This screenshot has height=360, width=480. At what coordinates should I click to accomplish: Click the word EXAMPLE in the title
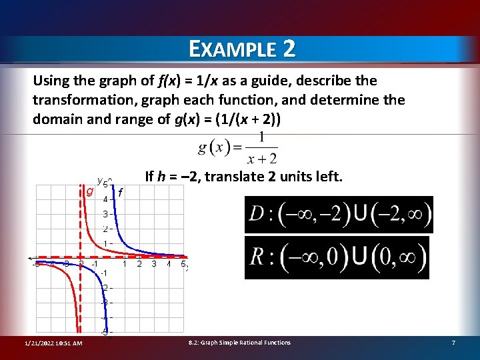[231, 49]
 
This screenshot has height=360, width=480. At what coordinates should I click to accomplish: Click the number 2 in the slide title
[289, 49]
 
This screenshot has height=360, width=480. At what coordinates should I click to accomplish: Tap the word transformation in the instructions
[74, 100]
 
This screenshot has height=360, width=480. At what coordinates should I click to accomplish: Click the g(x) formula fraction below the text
[238, 148]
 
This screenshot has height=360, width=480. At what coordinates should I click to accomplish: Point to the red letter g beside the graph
[89, 191]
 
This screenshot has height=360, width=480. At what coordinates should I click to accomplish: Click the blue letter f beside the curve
[120, 193]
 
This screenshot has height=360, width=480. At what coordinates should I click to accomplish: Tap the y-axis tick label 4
[105, 199]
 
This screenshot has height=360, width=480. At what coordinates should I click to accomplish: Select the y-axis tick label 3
[105, 214]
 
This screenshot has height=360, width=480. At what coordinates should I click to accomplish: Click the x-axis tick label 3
[154, 264]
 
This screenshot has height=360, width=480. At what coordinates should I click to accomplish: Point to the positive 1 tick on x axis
[125, 264]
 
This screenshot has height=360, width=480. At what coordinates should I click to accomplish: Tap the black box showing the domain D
[339, 215]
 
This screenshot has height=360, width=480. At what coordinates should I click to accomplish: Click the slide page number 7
[453, 343]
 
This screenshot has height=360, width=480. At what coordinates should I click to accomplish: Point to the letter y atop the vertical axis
[99, 180]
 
